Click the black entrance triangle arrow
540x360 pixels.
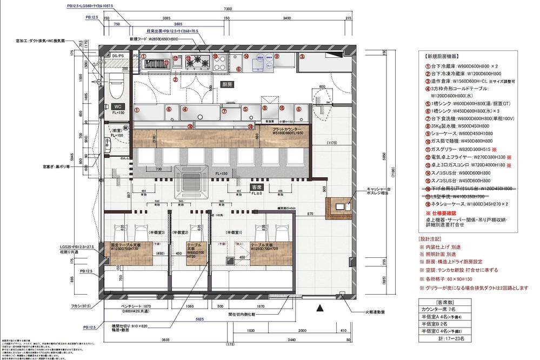tap(319, 308)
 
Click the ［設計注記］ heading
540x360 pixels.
tap(431, 238)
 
